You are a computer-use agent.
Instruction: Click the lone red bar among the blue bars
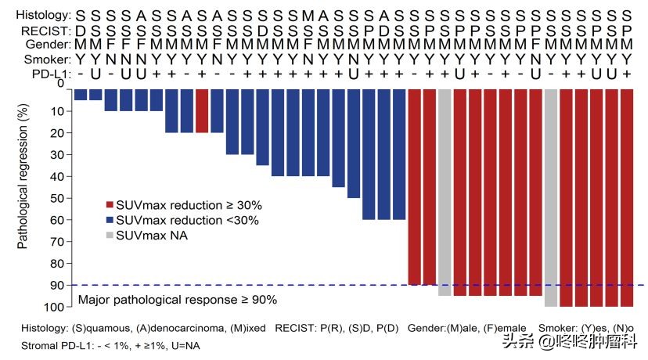pyautogui.click(x=202, y=110)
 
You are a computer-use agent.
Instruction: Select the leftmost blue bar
pyautogui.click(x=80, y=94)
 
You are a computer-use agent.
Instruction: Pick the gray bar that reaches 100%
pyautogui.click(x=550, y=196)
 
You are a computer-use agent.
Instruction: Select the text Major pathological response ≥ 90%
pyautogui.click(x=177, y=299)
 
